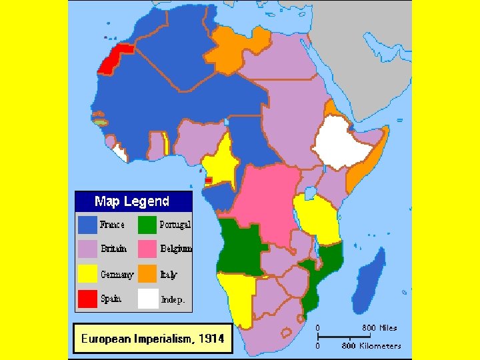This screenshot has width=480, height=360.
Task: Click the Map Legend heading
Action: (132, 201)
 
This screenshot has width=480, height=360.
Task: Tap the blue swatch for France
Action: (88, 225)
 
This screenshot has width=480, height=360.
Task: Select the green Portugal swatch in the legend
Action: (147, 225)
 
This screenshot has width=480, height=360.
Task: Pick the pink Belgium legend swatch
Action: (147, 249)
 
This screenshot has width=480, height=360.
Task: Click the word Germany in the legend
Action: (117, 275)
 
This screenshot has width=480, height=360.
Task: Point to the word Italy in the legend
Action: (168, 275)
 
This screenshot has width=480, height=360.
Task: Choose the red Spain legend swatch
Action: (88, 299)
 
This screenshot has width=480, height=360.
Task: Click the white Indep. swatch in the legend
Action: (147, 299)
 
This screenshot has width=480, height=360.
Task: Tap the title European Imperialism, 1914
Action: (153, 339)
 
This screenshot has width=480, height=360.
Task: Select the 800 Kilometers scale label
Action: (371, 346)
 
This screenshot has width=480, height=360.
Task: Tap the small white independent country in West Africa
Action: (119, 153)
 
